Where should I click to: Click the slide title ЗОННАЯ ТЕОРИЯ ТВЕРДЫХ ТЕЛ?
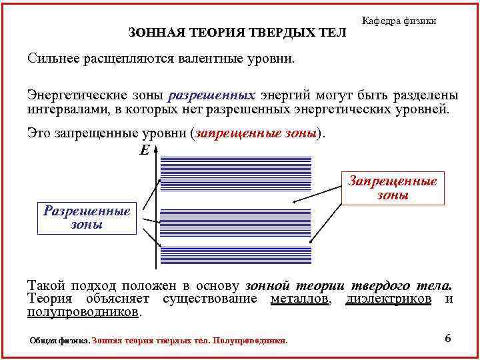tap(237, 33)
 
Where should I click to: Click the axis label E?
tap(145, 151)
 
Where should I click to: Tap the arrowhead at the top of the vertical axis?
tap(155, 155)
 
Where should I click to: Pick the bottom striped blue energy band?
tap(237, 255)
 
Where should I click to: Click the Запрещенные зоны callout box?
tap(393, 188)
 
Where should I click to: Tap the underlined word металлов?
tap(300, 299)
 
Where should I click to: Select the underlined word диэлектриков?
tap(389, 299)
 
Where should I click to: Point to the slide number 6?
tap(447, 339)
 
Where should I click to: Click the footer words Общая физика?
tap(59, 341)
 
